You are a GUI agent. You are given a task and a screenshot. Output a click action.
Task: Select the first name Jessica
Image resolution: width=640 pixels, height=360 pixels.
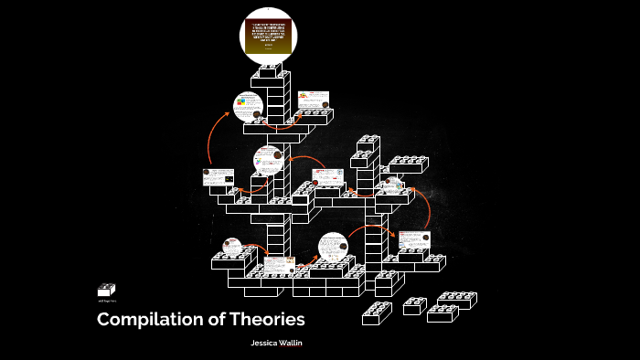pyautogui.click(x=266, y=343)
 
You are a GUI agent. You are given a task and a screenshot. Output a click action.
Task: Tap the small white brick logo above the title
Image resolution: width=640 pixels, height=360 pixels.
pyautogui.click(x=107, y=290)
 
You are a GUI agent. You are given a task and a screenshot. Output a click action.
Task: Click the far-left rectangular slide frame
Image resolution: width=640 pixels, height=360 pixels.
pyautogui.click(x=219, y=176)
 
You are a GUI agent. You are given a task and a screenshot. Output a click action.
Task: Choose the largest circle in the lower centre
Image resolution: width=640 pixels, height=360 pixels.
pyautogui.click(x=334, y=248)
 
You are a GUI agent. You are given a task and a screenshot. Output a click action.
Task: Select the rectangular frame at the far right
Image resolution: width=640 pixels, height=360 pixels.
pyautogui.click(x=414, y=240)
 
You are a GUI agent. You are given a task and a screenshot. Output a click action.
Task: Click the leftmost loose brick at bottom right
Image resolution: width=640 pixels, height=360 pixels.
pyautogui.click(x=377, y=313)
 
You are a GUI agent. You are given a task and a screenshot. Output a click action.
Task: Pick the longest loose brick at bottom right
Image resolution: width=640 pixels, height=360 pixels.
pyautogui.click(x=454, y=299)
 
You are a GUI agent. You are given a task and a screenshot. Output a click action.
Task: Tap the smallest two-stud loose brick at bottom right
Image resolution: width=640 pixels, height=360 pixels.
pyautogui.click(x=414, y=306)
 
